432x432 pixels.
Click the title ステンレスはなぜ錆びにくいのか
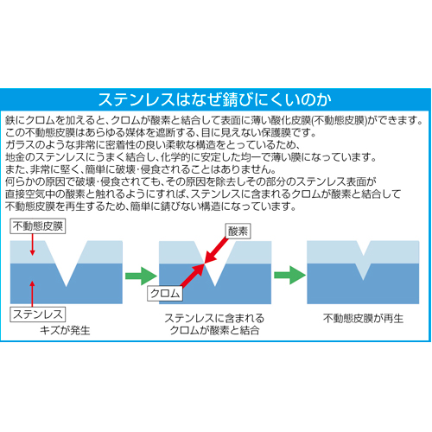click(x=215, y=99)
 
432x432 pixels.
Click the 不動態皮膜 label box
click(x=38, y=226)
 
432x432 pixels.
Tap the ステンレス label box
click(x=38, y=314)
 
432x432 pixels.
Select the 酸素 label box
click(x=238, y=231)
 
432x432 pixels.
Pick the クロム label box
click(x=165, y=294)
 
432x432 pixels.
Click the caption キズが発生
click(x=65, y=330)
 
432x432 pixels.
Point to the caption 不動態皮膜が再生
click(x=363, y=318)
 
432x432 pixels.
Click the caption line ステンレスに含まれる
click(x=214, y=318)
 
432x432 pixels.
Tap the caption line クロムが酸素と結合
click(x=214, y=330)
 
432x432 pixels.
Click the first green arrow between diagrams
click(x=141, y=276)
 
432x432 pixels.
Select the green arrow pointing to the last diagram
click(x=289, y=276)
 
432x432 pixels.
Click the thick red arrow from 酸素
click(x=216, y=251)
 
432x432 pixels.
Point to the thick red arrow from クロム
click(x=193, y=276)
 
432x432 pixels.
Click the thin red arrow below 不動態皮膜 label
click(x=33, y=245)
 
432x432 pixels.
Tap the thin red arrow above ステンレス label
click(x=32, y=294)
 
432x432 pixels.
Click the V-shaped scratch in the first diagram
click(x=66, y=264)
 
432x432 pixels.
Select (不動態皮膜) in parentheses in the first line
click(x=340, y=120)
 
